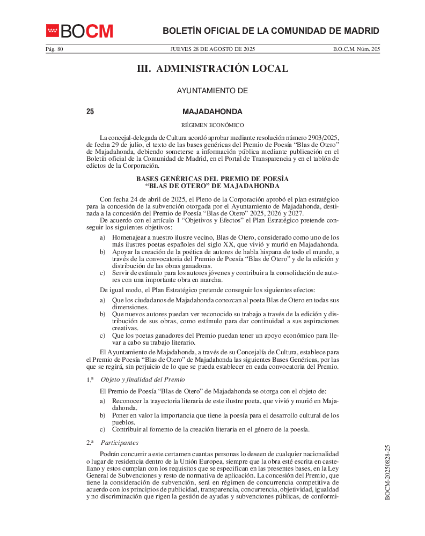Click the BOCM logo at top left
(x=79, y=31)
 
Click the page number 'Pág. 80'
(x=54, y=49)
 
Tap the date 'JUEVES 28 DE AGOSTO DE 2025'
(x=213, y=49)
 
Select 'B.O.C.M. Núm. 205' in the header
(x=356, y=49)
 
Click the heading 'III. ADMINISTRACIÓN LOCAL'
(x=213, y=69)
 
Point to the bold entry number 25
(x=90, y=112)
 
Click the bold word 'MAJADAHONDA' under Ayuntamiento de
(x=213, y=112)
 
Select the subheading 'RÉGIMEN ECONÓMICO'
(x=213, y=125)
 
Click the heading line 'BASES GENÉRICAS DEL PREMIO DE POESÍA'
(x=213, y=178)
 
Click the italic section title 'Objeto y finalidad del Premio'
(x=140, y=379)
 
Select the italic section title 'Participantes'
(x=120, y=443)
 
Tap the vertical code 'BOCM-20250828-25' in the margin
(x=388, y=472)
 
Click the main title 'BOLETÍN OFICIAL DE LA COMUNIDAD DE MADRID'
(x=271, y=31)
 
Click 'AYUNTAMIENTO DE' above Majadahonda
(x=213, y=91)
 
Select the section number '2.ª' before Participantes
(x=90, y=443)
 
